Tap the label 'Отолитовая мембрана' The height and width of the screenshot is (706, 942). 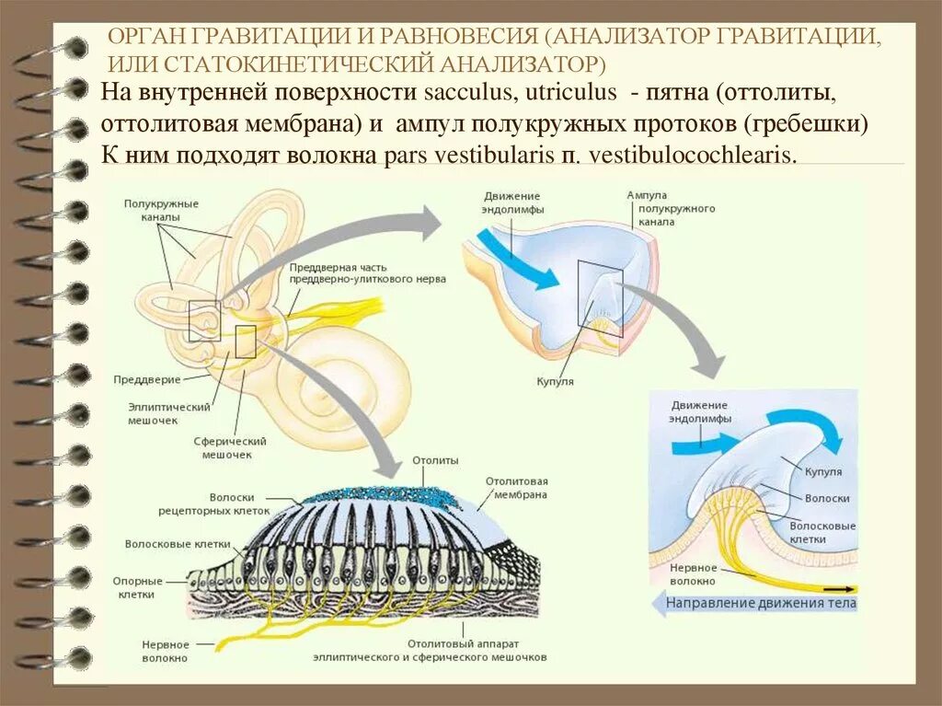516,488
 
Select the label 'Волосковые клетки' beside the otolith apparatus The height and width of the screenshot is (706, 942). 165,544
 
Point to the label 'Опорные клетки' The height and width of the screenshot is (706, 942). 138,588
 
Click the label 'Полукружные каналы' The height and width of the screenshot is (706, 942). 162,210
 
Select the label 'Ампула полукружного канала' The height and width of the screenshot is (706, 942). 671,210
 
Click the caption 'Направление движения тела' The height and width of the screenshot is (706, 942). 761,604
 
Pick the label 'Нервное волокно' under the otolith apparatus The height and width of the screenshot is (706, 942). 166,652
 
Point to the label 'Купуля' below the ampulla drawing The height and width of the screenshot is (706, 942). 555,381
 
